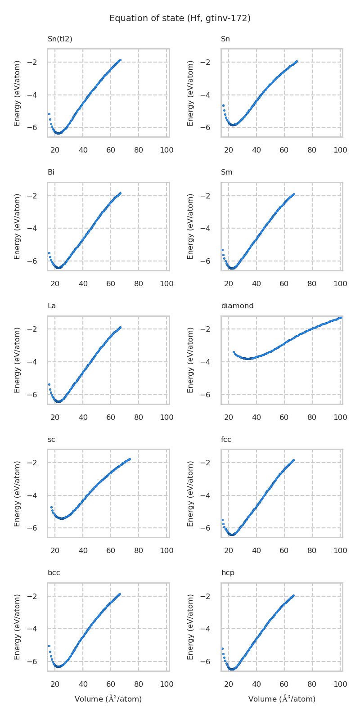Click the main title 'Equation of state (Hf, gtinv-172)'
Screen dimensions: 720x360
180,18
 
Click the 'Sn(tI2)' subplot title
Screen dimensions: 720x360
60,39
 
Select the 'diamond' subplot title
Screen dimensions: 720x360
237,306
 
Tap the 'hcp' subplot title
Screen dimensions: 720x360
228,573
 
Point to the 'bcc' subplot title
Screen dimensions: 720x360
54,573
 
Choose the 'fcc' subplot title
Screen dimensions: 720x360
226,440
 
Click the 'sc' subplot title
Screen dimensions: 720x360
51,440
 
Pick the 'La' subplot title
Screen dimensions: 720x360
52,306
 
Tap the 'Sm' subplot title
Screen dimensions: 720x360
227,172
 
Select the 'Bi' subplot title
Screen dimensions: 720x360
51,172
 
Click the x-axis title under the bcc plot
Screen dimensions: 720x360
108,699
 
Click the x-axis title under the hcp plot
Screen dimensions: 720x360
282,699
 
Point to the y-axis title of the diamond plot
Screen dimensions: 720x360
190,360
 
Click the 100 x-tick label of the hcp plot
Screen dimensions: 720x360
340,684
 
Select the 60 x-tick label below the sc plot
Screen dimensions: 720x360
111,551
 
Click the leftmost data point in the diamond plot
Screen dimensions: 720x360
234,352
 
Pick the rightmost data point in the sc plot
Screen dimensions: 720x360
130,459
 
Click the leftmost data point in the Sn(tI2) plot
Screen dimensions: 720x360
49,114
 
